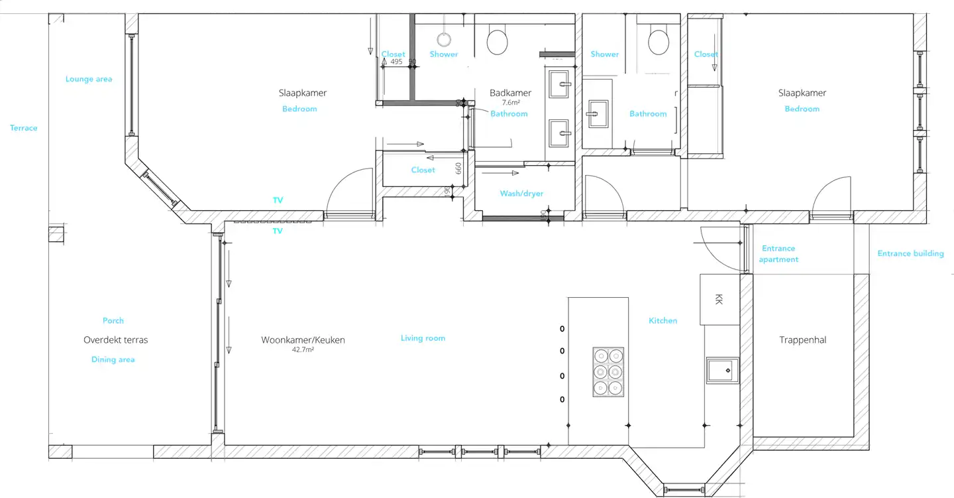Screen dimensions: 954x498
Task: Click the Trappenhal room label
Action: [x=802, y=340]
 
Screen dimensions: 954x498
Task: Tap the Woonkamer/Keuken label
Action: [x=303, y=340]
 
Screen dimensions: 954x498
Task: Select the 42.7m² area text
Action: [x=303, y=349]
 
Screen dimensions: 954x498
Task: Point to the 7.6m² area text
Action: [x=511, y=102]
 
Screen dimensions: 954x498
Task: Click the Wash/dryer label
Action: [x=521, y=194]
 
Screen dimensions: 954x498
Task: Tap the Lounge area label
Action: [x=89, y=79]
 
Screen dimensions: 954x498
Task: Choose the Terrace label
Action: [x=23, y=128]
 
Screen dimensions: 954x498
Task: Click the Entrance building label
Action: [x=910, y=253]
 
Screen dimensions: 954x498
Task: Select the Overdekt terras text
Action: [x=115, y=340]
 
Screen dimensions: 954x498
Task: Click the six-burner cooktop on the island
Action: [x=608, y=372]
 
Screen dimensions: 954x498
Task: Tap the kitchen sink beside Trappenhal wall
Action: [x=722, y=371]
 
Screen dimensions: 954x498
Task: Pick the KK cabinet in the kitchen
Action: [x=719, y=299]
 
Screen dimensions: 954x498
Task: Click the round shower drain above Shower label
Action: [x=444, y=40]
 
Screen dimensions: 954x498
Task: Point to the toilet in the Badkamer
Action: [x=497, y=41]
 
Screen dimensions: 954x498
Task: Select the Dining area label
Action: [x=113, y=359]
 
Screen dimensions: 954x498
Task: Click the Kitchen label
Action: [x=662, y=321]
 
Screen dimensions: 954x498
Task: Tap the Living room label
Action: [x=423, y=338]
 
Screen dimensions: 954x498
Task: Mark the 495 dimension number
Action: [x=396, y=62]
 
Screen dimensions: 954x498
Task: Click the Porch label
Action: [x=113, y=321]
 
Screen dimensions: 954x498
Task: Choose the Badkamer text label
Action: [x=510, y=93]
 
